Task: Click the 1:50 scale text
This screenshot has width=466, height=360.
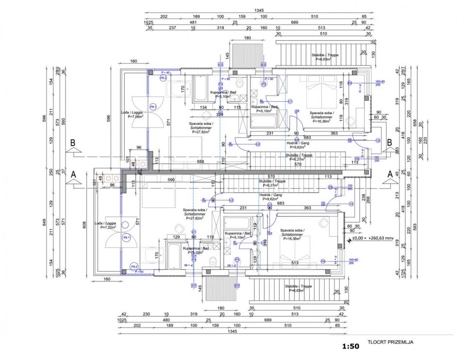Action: (350, 346)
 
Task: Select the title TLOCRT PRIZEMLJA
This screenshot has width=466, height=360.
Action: (390, 342)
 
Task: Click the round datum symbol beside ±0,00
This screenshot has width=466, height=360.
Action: (349, 239)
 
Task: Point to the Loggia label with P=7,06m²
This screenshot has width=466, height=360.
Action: (132, 115)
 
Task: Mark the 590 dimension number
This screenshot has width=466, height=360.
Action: (171, 179)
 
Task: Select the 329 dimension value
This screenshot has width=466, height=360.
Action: (219, 115)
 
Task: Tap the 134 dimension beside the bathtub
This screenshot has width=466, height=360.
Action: (203, 107)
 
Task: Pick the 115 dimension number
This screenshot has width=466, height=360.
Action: (237, 107)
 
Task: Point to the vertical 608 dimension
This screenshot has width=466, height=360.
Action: (83, 225)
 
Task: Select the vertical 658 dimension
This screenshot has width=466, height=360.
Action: (415, 123)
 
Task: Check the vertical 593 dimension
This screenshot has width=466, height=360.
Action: (415, 226)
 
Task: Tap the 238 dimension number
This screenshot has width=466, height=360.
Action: (363, 197)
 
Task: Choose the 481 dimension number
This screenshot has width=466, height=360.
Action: (193, 22)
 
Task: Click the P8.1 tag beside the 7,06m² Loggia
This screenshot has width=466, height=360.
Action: (152, 107)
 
